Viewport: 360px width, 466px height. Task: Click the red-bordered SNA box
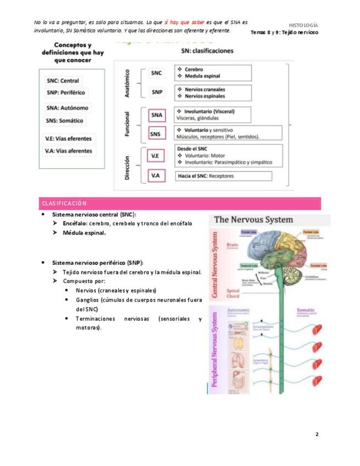157,115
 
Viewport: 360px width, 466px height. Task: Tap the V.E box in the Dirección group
156,156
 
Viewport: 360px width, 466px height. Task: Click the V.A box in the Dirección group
156,176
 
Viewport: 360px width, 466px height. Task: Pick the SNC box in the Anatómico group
157,73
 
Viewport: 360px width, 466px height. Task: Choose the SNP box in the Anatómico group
157,92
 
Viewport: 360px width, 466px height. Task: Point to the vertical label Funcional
127,124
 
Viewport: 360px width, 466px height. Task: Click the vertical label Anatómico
127,83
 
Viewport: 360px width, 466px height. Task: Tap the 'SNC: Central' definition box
63,81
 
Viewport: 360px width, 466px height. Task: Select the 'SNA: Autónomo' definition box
68,108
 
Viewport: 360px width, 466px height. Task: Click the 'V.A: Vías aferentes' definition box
68,151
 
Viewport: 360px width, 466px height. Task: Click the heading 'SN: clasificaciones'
207,51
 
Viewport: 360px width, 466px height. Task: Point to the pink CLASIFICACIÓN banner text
64,203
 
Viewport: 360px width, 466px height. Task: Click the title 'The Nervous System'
253,220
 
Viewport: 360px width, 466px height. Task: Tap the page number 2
317,434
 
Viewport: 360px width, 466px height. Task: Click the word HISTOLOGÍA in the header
303,25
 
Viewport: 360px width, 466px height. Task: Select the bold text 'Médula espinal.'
84,232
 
